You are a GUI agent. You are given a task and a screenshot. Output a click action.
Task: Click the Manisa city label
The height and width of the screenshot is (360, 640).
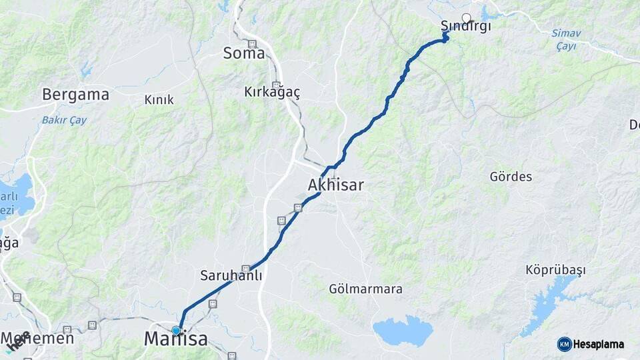click(x=176, y=339)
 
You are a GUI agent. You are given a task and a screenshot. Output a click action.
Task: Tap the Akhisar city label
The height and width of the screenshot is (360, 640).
click(x=336, y=185)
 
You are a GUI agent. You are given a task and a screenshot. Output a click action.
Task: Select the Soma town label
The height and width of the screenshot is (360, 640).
click(x=244, y=53)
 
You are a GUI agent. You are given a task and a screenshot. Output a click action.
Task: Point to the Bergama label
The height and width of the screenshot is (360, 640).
click(x=75, y=95)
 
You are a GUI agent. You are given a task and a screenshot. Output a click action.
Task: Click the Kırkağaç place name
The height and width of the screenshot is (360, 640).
click(x=272, y=92)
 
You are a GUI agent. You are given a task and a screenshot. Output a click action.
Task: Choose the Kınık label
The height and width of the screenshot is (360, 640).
click(x=159, y=100)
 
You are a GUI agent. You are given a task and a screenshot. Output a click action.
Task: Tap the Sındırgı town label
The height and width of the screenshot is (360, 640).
click(x=465, y=27)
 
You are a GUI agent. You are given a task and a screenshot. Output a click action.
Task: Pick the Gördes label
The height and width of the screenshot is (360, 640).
click(x=511, y=177)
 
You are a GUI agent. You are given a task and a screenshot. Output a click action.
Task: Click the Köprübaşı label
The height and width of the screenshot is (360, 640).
click(x=555, y=270)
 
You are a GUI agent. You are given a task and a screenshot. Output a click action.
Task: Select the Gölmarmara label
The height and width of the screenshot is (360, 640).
click(x=365, y=289)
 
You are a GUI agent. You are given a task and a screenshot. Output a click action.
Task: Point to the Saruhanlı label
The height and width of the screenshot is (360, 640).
click(x=231, y=275)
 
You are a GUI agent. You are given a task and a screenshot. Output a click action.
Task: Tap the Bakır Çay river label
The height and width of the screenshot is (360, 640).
click(x=65, y=121)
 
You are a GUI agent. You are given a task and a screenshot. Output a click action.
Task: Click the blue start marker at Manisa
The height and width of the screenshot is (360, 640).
click(x=176, y=330)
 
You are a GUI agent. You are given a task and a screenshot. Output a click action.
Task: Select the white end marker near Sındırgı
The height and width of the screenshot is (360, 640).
click(x=466, y=18)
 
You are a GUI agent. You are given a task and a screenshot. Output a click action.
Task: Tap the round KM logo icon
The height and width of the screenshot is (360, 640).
click(x=565, y=344)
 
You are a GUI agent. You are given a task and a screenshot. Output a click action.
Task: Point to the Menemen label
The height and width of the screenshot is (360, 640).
click(x=37, y=339)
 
